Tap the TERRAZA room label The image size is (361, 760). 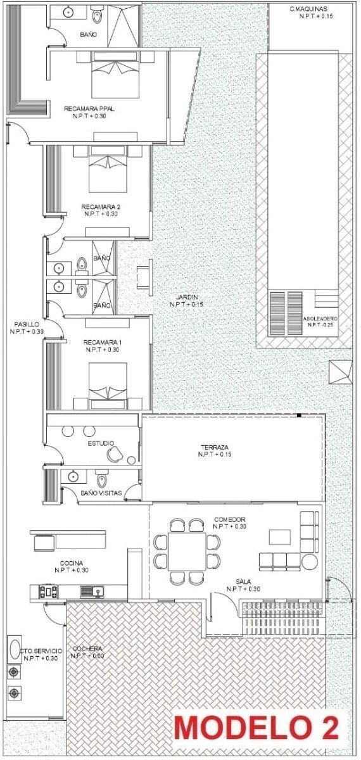(215, 447)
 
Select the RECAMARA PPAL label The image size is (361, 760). (89, 108)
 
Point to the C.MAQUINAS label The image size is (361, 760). (309, 9)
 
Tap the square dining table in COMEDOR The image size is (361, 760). (187, 552)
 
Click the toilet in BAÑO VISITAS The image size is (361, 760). (101, 478)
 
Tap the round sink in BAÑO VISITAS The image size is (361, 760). (73, 477)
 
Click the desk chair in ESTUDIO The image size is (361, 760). (115, 453)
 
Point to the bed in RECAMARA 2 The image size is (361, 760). (108, 169)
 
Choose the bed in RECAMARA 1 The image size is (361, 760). (108, 386)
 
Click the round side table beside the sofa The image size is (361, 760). (309, 562)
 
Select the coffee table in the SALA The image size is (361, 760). (279, 537)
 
